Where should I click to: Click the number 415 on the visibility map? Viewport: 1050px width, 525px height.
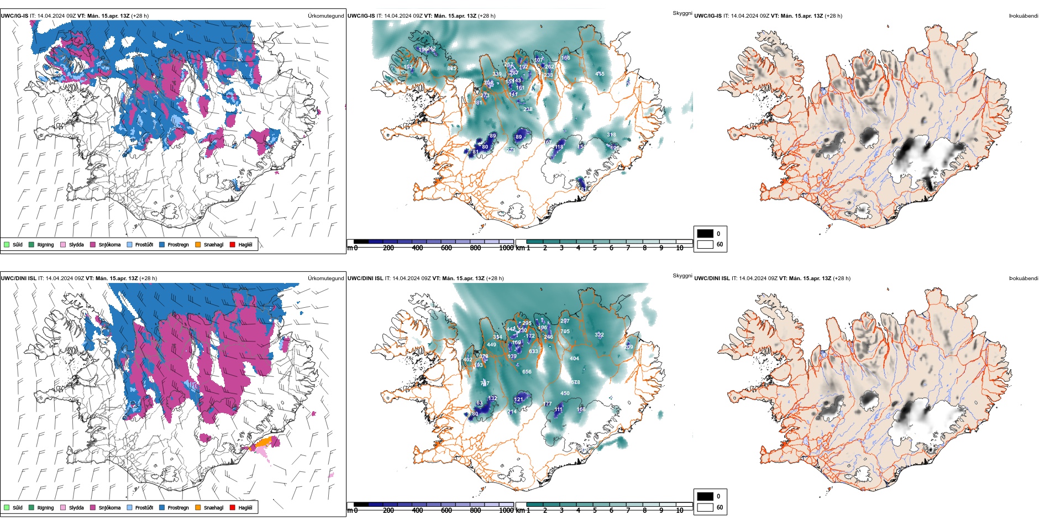coord(600,73)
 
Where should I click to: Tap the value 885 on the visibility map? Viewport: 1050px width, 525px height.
coord(452,69)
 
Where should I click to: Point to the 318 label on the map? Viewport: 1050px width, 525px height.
coord(611,135)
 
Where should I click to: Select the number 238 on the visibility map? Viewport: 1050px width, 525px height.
coord(528,109)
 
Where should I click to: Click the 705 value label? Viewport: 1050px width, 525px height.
coord(565,332)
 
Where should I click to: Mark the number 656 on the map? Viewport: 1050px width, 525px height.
coord(527,372)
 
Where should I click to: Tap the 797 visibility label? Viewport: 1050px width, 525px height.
coord(485,384)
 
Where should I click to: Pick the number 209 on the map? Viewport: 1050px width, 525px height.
coord(629,347)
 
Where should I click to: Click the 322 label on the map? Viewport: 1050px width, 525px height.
coord(599,335)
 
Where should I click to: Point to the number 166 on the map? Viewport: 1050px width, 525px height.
coord(565,58)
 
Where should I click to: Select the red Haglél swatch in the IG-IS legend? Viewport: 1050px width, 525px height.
coord(233,245)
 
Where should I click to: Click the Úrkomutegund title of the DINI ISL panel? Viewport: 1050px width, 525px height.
coord(326,279)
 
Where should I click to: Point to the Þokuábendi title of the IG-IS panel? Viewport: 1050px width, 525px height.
coord(1023,16)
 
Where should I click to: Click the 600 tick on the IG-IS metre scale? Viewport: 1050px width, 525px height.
coord(447,248)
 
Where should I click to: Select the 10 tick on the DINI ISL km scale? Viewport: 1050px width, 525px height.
coord(680,511)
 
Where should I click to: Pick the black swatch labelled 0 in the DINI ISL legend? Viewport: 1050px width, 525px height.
coord(705,496)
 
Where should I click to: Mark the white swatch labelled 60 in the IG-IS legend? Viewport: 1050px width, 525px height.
coord(705,244)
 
